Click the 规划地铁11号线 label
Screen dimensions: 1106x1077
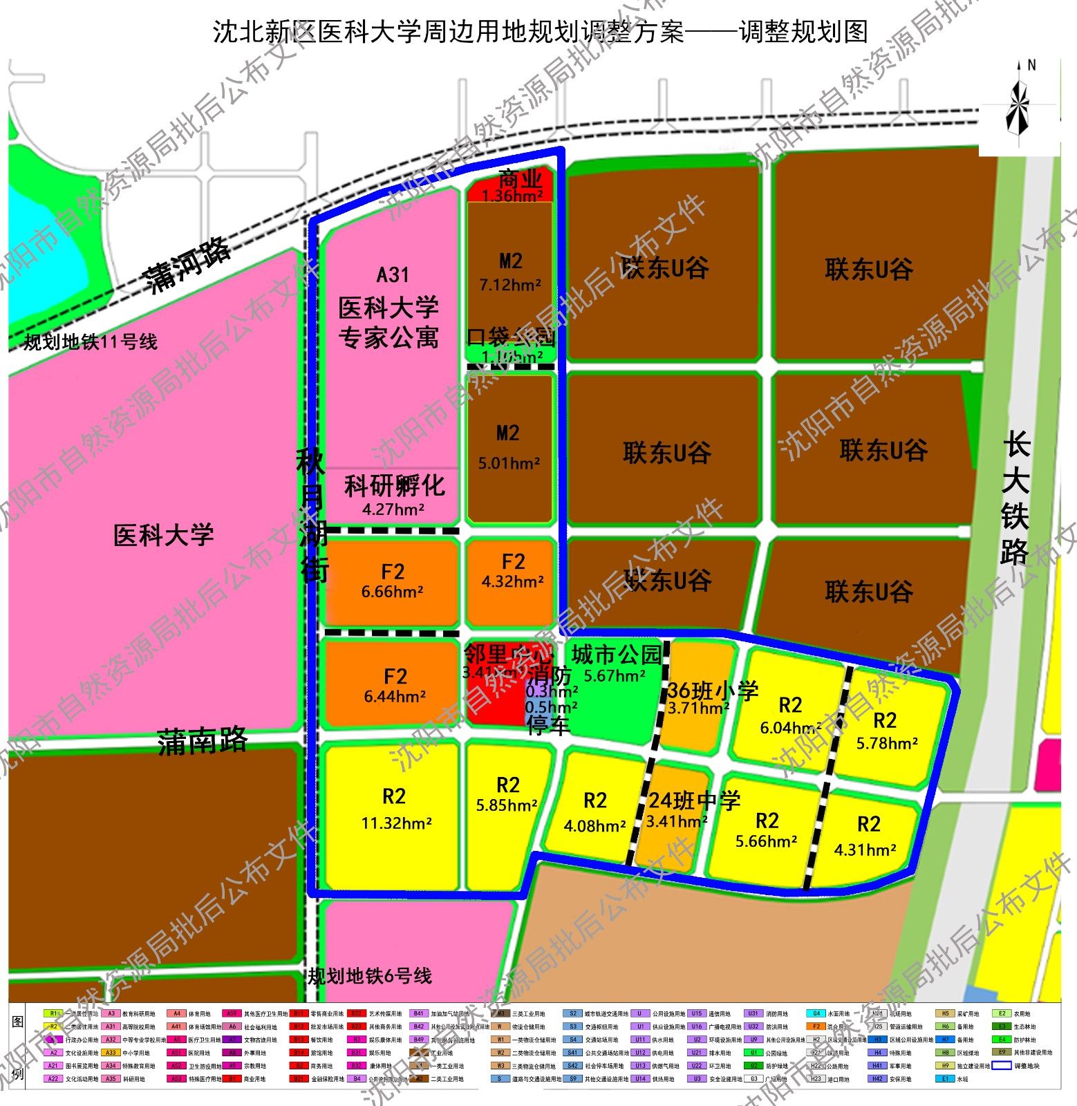coord(90,341)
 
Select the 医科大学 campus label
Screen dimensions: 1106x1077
coord(164,535)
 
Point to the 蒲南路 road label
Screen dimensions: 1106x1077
coord(202,741)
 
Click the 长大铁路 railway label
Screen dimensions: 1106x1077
coord(1015,498)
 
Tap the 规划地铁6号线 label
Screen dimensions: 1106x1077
coord(370,975)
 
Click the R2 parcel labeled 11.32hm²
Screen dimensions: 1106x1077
coord(395,808)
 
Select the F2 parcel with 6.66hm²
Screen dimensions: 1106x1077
coord(392,581)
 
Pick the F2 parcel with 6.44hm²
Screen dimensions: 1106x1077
coord(395,685)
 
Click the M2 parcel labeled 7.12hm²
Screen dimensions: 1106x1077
coord(510,272)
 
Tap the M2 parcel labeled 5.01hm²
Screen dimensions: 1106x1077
coord(508,447)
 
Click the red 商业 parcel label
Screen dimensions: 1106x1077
coord(519,180)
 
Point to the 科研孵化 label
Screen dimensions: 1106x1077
coord(394,486)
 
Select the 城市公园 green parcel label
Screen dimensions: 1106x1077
coord(616,655)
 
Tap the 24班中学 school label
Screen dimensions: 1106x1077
coord(694,800)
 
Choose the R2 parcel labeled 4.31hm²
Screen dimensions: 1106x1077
coord(868,835)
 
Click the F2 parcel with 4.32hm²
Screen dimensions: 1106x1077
coord(513,570)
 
